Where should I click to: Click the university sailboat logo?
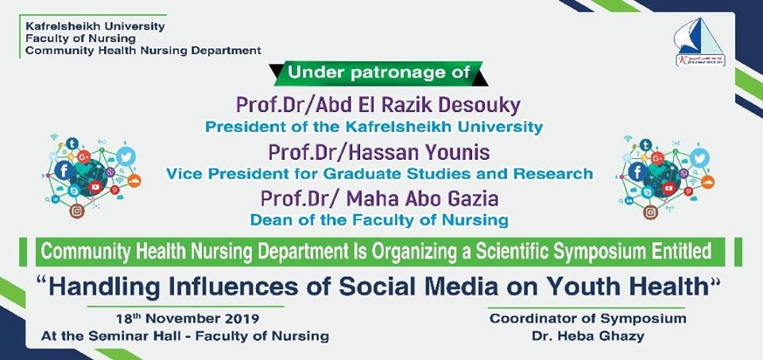click(699, 42)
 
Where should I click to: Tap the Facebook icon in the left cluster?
click(64, 170)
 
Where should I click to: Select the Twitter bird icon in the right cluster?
click(699, 157)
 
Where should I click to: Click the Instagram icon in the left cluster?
click(76, 211)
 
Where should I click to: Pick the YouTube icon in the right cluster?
click(669, 188)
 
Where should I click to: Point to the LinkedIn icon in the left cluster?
click(55, 199)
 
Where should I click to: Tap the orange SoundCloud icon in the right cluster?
click(708, 182)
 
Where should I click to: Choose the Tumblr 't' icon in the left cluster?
click(72, 144)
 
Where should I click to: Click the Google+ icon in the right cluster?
click(657, 157)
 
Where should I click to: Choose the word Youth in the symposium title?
click(580, 286)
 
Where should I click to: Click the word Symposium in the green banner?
click(618, 252)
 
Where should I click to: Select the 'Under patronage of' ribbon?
click(379, 73)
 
